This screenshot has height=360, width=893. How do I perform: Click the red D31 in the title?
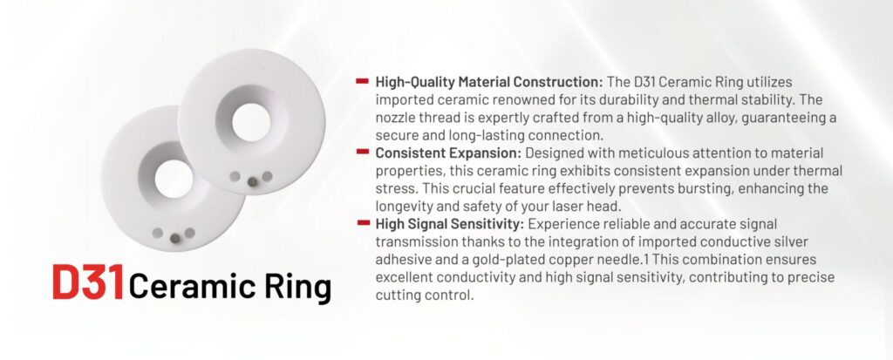(x=88, y=282)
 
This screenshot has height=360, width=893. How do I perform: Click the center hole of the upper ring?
(x=251, y=122)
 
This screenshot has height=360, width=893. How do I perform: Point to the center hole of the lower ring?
(x=174, y=179)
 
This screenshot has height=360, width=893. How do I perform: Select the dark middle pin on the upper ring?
(x=252, y=181)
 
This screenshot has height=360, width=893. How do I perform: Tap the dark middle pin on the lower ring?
(x=174, y=239)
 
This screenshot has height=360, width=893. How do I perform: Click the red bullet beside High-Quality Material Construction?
(x=362, y=81)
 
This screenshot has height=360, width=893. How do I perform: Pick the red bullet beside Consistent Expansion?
(x=362, y=152)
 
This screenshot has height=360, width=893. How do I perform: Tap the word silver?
(x=789, y=242)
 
